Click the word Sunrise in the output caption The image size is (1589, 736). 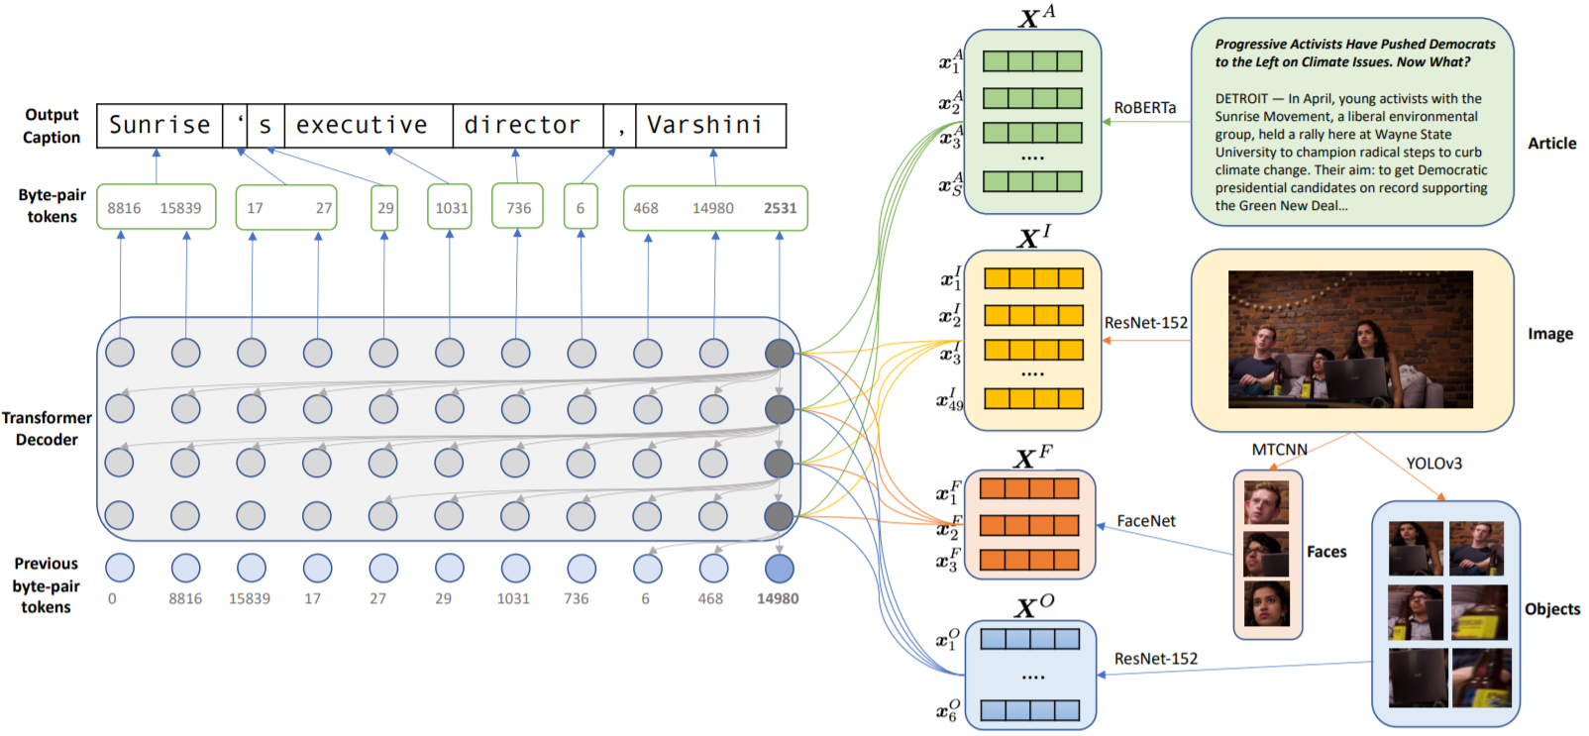[159, 125]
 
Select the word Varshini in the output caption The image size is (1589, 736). [704, 125]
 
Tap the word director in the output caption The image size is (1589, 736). [522, 125]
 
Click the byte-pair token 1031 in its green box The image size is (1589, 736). [451, 208]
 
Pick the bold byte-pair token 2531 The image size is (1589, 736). [780, 208]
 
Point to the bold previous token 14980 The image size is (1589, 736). [778, 598]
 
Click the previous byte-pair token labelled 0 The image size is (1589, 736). [112, 598]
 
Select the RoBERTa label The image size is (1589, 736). [1145, 107]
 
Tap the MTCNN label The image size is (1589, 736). [1279, 450]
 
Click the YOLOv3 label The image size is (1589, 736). [1433, 464]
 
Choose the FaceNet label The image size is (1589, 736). [1146, 521]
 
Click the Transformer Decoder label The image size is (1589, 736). [47, 429]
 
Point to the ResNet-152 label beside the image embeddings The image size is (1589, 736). [1146, 323]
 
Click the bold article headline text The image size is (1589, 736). [1354, 53]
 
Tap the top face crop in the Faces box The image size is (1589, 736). [1267, 503]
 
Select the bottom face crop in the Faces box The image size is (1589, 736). [1267, 604]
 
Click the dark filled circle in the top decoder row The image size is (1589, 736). [780, 353]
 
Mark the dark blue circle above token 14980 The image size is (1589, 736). [780, 568]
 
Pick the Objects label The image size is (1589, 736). [1552, 609]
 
